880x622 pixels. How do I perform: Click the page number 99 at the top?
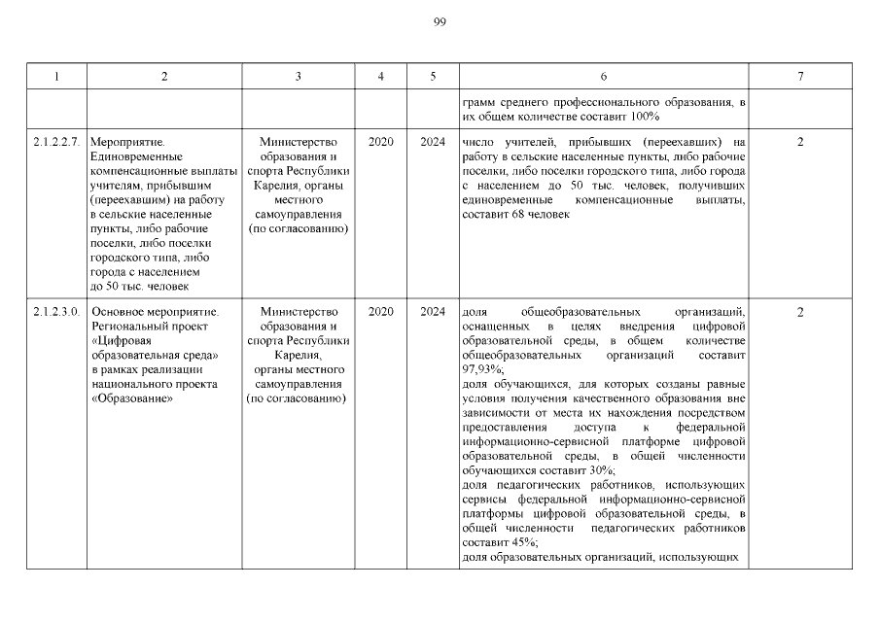tap(440, 21)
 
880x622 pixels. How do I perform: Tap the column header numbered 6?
tap(604, 76)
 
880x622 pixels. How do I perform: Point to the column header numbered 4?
tap(381, 76)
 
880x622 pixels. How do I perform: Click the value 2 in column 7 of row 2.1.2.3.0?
tap(799, 312)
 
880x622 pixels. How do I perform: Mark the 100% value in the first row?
tap(645, 117)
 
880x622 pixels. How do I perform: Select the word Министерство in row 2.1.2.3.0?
tap(298, 312)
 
